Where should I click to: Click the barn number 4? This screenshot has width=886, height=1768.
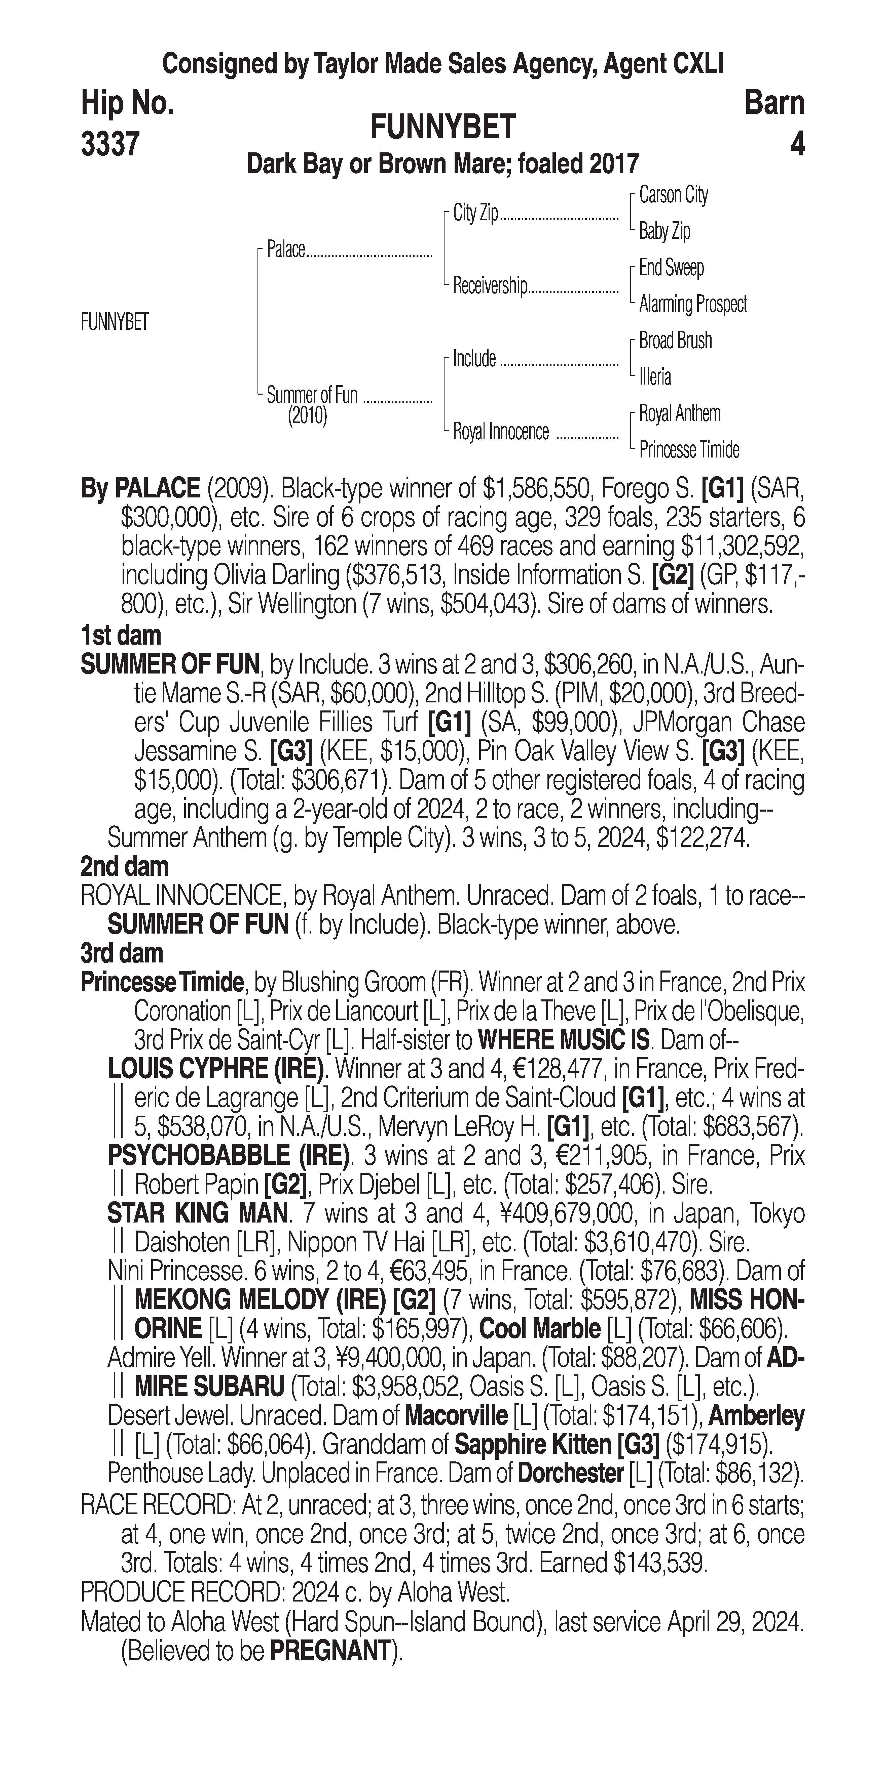click(x=797, y=144)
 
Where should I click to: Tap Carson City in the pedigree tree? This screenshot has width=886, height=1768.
click(x=673, y=195)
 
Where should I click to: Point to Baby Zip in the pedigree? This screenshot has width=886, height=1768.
click(x=664, y=231)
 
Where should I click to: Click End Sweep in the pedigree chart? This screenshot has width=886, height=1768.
click(x=671, y=268)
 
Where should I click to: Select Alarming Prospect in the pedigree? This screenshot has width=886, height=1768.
click(x=692, y=304)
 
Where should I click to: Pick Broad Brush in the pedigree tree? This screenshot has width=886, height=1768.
click(x=675, y=341)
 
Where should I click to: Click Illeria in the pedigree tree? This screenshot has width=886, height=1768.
click(x=654, y=377)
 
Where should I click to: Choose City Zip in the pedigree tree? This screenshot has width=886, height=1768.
click(x=475, y=214)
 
